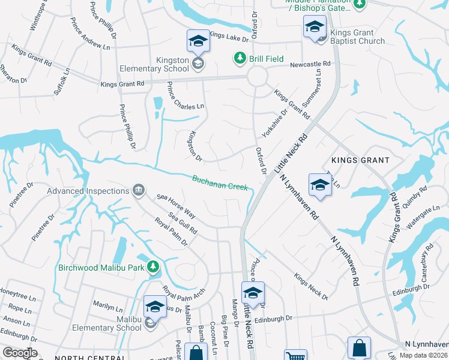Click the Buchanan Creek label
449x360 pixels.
(x=220, y=182)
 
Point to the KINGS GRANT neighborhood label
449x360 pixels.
(x=360, y=161)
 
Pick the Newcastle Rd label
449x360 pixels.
(x=310, y=64)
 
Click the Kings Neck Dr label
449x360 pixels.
(x=310, y=287)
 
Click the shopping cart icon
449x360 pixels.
(x=295, y=356)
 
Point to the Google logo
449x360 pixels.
(x=20, y=353)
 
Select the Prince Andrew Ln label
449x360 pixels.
(x=90, y=38)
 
